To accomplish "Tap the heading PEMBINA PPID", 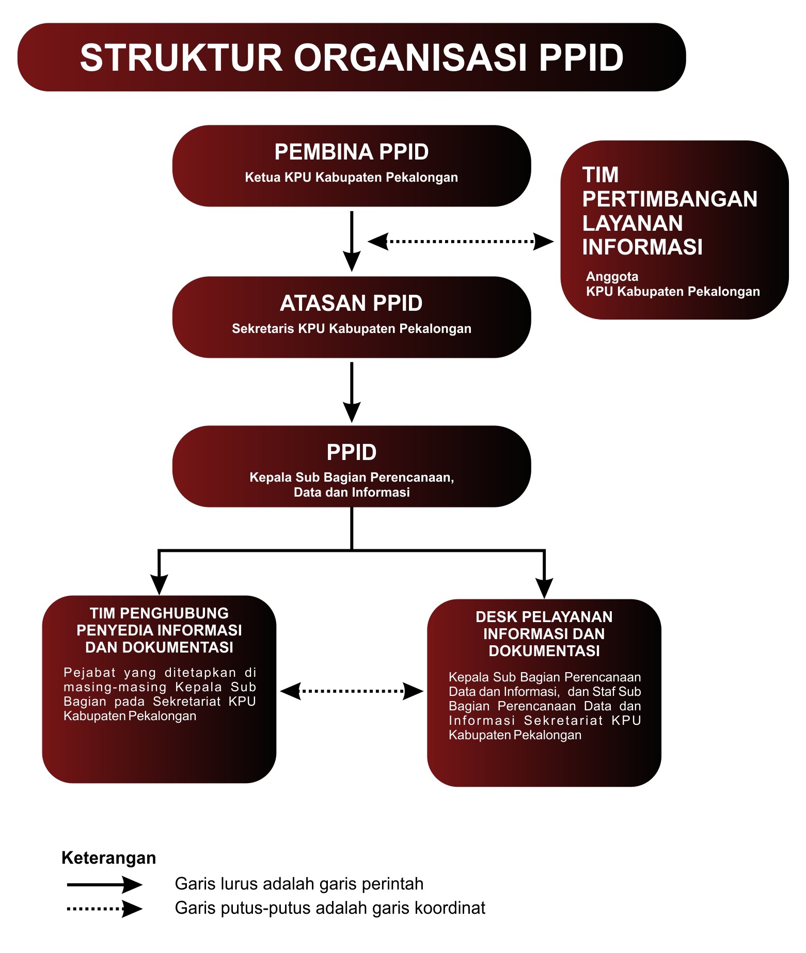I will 352,152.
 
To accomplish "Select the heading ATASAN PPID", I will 351,303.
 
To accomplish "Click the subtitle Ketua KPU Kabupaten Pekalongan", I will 351,178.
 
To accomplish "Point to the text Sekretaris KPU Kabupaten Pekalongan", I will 351,329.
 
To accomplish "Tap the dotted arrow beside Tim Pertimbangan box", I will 460,241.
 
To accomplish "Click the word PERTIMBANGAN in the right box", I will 670,199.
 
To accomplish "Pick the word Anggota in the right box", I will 612,276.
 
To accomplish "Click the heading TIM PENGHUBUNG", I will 159,613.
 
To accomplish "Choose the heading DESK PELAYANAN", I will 544,617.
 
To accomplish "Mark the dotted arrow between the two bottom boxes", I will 352,691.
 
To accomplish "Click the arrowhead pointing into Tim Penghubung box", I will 159,585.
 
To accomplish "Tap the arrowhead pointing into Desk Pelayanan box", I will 544,588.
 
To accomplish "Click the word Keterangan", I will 108,858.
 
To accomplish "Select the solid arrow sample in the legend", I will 104,885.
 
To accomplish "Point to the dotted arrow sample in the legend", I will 104,909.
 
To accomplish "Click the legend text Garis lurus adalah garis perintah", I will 299,884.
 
